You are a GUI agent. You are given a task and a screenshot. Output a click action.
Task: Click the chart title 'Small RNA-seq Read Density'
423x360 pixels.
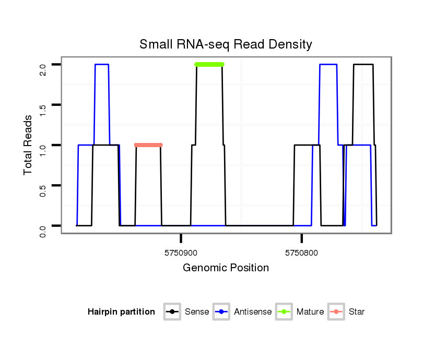tap(226, 44)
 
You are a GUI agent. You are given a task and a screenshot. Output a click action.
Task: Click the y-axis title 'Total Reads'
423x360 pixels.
tap(28, 145)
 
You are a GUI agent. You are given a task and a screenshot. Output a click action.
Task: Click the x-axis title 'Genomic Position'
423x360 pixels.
tap(226, 268)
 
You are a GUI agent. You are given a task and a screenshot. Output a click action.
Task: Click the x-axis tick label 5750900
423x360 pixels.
tap(181, 253)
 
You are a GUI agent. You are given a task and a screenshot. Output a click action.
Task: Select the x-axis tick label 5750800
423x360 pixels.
tap(302, 253)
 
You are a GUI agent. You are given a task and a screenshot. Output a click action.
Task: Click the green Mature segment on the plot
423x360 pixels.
tap(209, 64)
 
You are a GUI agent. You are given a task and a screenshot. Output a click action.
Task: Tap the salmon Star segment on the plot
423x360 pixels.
tap(148, 145)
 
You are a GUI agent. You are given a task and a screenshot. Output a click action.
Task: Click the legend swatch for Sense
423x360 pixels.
tap(172, 312)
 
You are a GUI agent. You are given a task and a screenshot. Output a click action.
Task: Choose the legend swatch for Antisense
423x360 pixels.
tap(221, 312)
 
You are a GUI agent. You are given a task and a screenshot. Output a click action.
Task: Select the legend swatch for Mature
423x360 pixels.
tap(284, 312)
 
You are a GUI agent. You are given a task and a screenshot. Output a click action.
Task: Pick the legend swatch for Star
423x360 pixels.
tap(336, 312)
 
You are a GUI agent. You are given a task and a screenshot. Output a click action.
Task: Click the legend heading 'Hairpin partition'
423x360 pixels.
tap(121, 312)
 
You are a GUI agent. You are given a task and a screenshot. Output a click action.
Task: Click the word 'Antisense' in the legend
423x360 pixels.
tap(253, 312)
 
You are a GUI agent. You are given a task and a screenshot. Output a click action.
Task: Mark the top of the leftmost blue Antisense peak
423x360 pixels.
tap(102, 64)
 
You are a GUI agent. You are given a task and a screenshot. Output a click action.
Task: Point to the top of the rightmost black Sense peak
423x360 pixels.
tap(363, 64)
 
